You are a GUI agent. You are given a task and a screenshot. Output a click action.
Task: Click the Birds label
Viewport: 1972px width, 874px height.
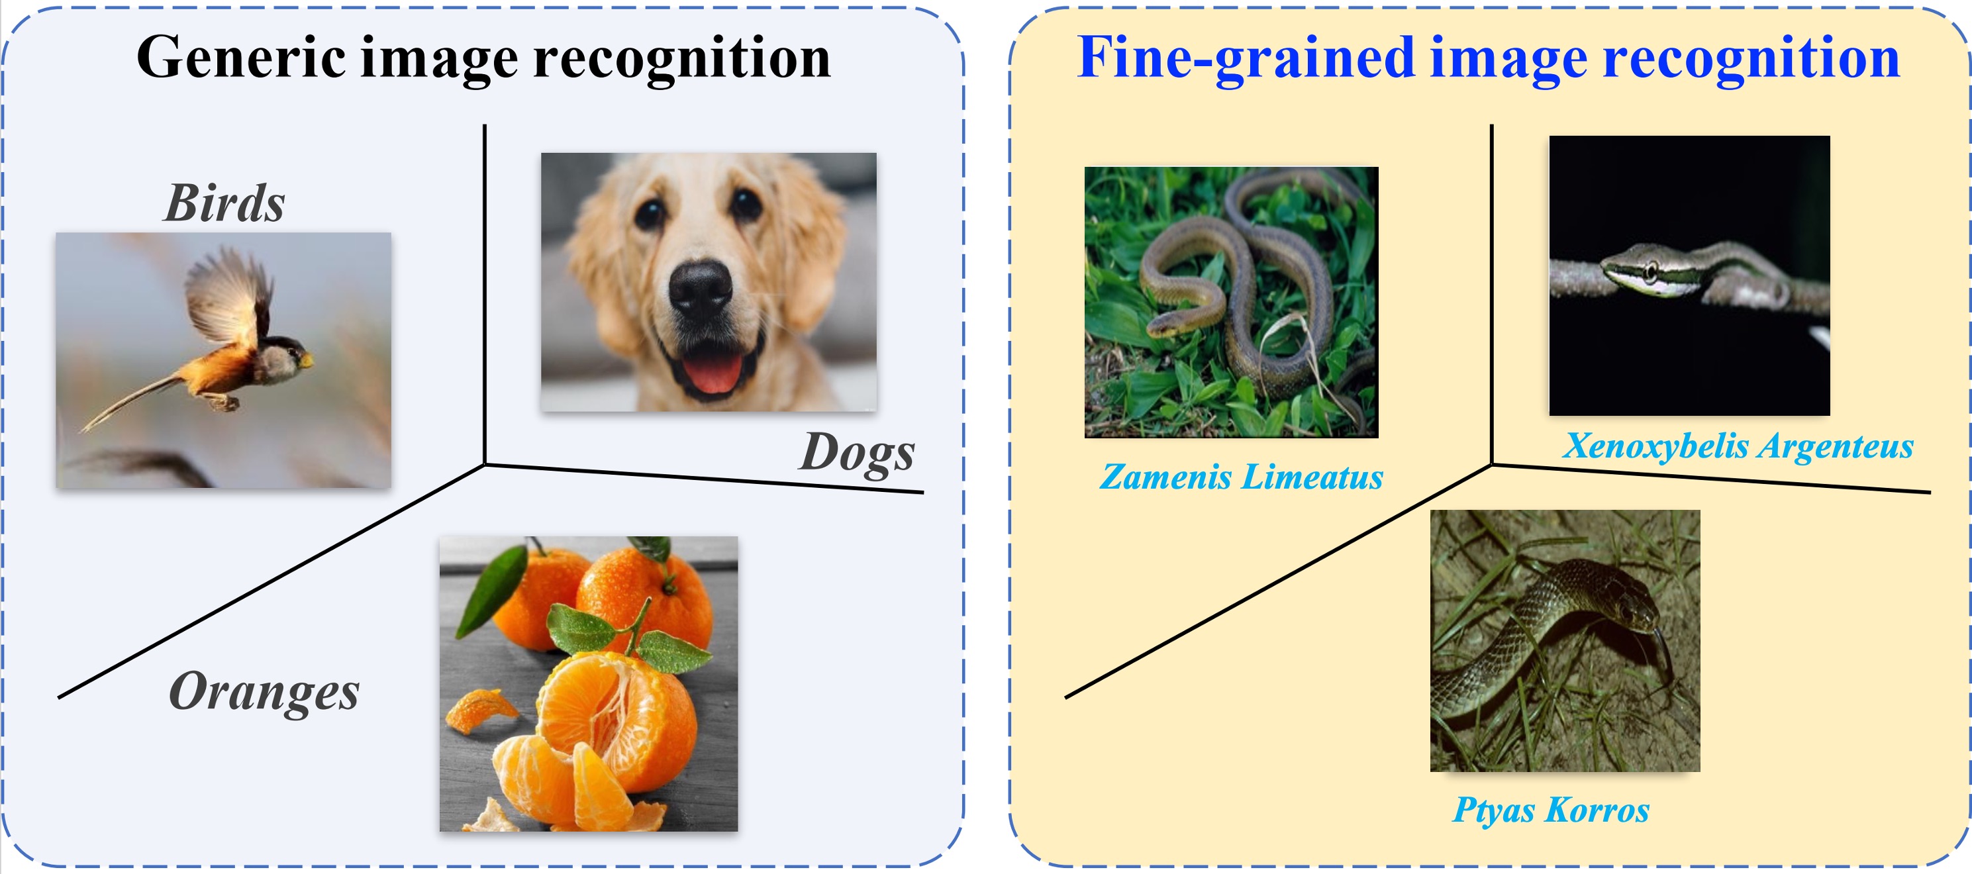[224, 203]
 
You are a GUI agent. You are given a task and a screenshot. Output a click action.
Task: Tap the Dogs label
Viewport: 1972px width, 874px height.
[857, 452]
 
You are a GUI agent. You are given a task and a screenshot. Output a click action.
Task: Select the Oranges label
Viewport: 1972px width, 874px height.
[264, 691]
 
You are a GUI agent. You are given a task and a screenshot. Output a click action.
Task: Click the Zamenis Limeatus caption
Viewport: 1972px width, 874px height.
[1241, 477]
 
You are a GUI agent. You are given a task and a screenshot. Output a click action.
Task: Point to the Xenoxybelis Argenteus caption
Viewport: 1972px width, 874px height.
[1738, 446]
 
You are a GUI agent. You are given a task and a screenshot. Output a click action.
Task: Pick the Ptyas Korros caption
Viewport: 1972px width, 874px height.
[1551, 810]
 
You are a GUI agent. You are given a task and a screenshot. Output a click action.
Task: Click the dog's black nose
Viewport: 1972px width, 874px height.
[700, 289]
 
